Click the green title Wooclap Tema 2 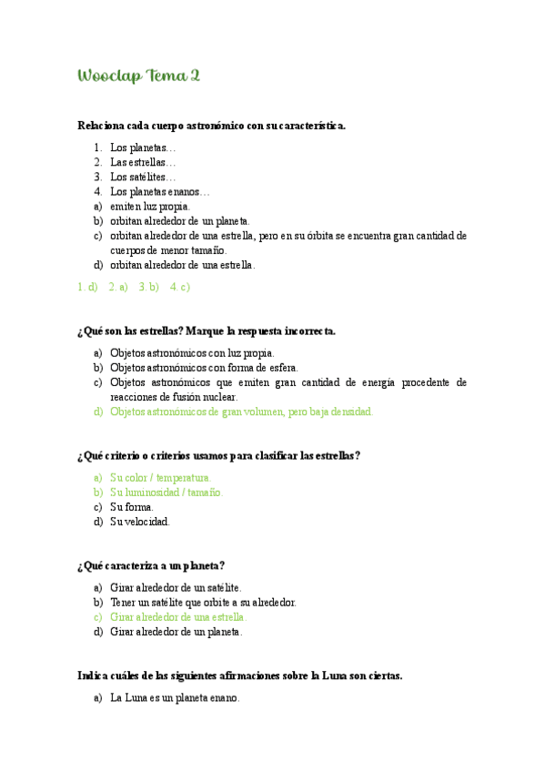coord(139,76)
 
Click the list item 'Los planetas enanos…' coord(159,192)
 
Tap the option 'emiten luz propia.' coord(150,207)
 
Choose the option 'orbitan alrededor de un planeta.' coord(179,221)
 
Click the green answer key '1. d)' coord(88,287)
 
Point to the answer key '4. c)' coord(180,287)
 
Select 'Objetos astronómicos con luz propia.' coord(192,353)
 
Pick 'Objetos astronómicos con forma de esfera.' coord(201,368)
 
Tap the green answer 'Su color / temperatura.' coord(161,477)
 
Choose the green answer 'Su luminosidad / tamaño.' coord(166,493)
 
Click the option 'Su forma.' coord(132,507)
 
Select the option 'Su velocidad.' coord(140,522)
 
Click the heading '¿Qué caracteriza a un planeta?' coord(151,565)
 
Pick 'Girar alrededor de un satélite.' coord(176,588)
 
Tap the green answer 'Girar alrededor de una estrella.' coord(178,616)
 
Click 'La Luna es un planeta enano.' coord(175,698)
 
